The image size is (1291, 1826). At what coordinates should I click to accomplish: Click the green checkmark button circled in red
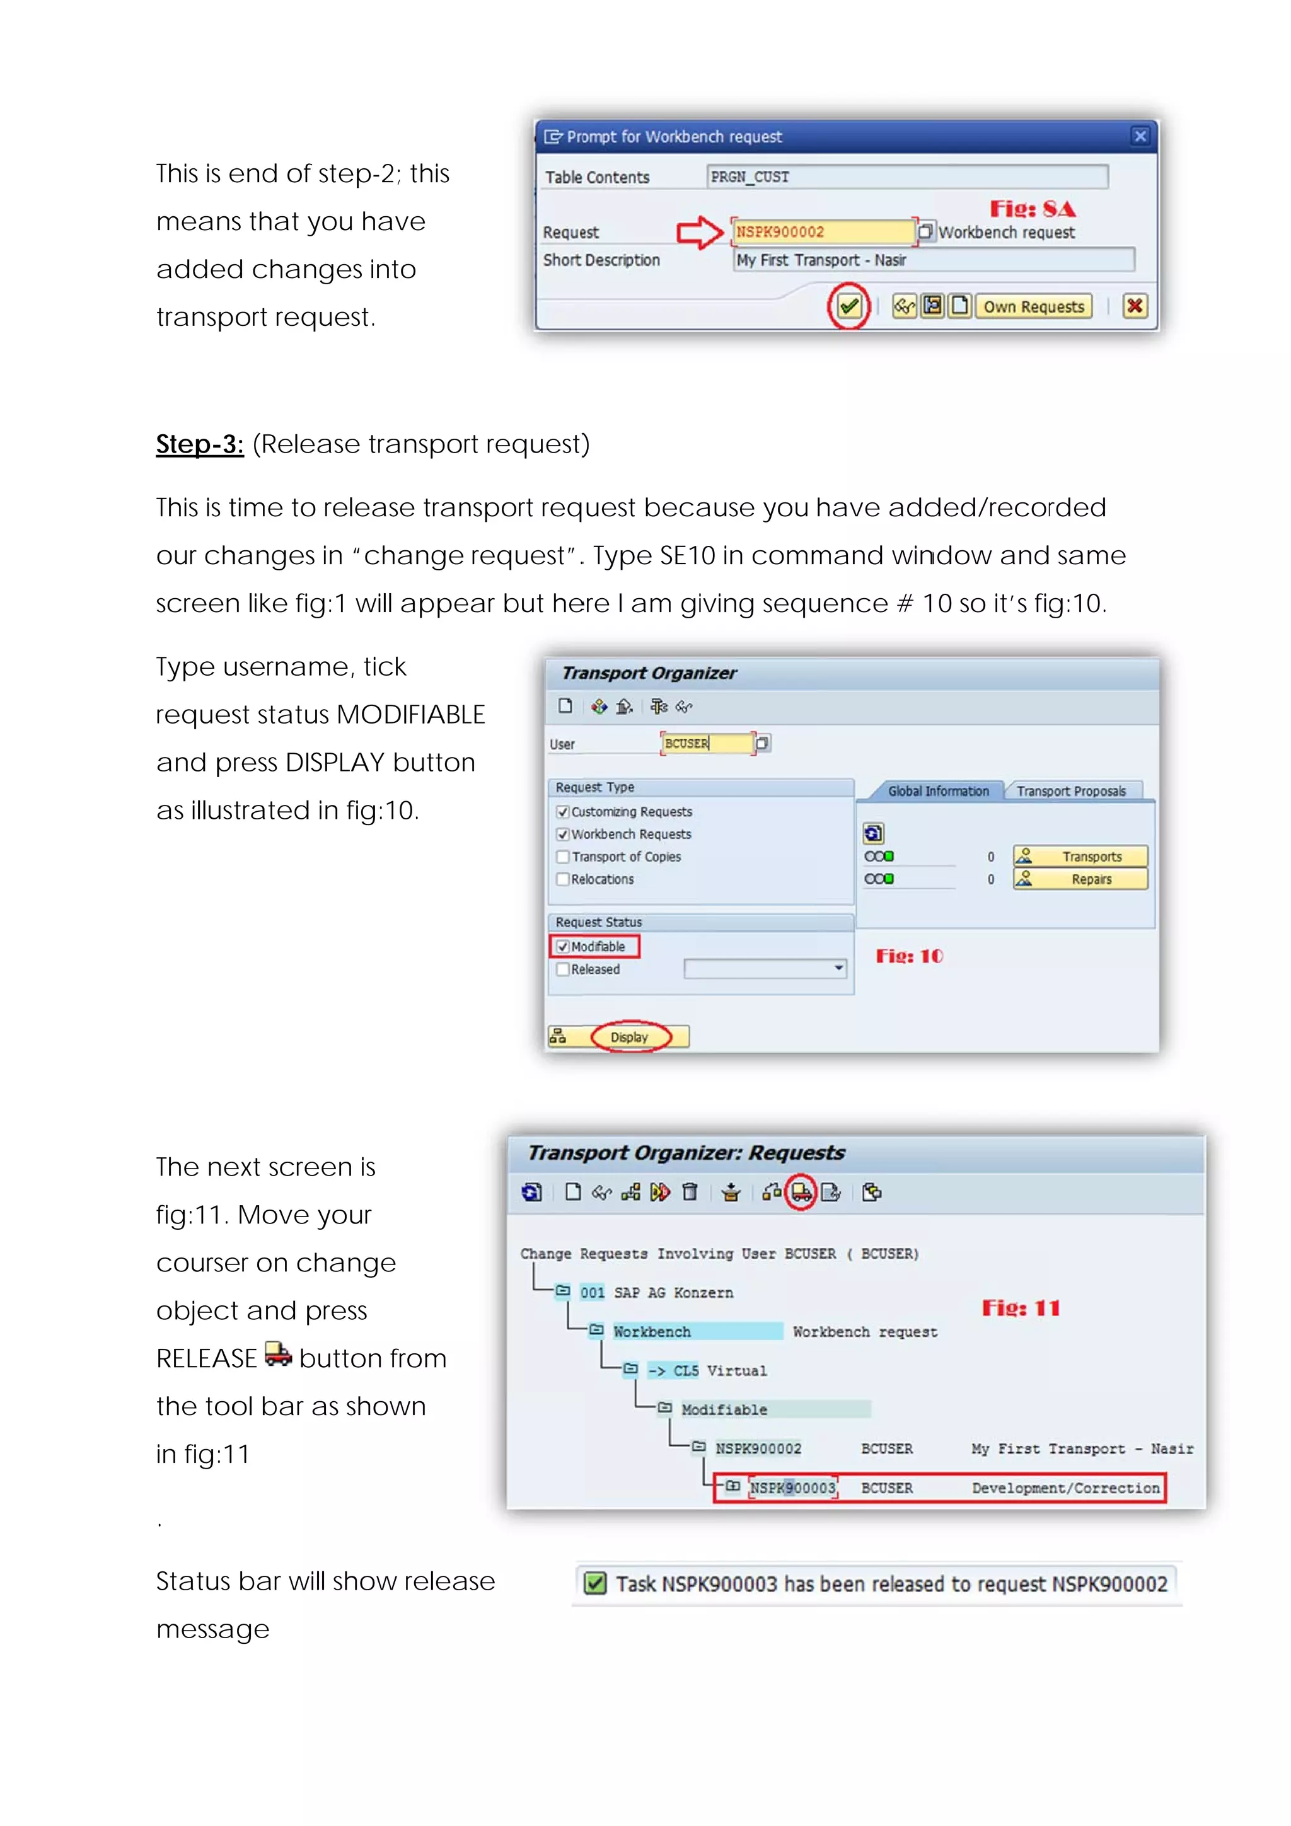(x=848, y=306)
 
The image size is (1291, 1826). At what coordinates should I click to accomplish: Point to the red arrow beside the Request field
(x=699, y=232)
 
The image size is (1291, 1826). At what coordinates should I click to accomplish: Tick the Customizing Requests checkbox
(x=563, y=812)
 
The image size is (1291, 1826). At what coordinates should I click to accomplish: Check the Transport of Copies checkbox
(x=563, y=857)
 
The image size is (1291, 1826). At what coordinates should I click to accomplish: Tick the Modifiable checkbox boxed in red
(x=563, y=946)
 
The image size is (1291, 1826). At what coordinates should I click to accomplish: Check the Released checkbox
(x=563, y=969)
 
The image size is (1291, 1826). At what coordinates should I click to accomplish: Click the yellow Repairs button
(x=1080, y=879)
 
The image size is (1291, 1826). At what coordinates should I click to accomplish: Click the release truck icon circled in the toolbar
(x=801, y=1192)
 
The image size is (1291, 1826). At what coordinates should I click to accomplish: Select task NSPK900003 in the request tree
(x=792, y=1487)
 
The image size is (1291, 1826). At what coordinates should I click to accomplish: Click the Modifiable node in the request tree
(x=724, y=1409)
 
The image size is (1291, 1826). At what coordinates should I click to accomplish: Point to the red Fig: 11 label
(x=1021, y=1309)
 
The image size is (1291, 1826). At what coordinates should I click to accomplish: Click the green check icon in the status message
(x=594, y=1583)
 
